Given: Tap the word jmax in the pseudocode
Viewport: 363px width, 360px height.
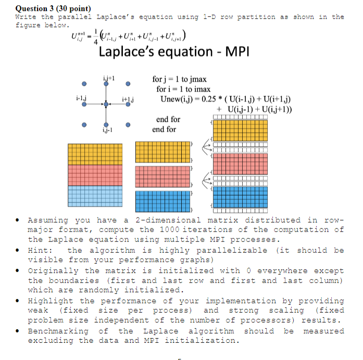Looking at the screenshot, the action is tap(196, 80).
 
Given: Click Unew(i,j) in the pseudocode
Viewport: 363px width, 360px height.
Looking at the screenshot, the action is tap(178, 99).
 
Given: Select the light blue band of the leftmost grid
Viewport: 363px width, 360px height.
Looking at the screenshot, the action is tap(95, 198).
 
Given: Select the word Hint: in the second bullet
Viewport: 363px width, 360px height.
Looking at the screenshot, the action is tap(42, 250).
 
